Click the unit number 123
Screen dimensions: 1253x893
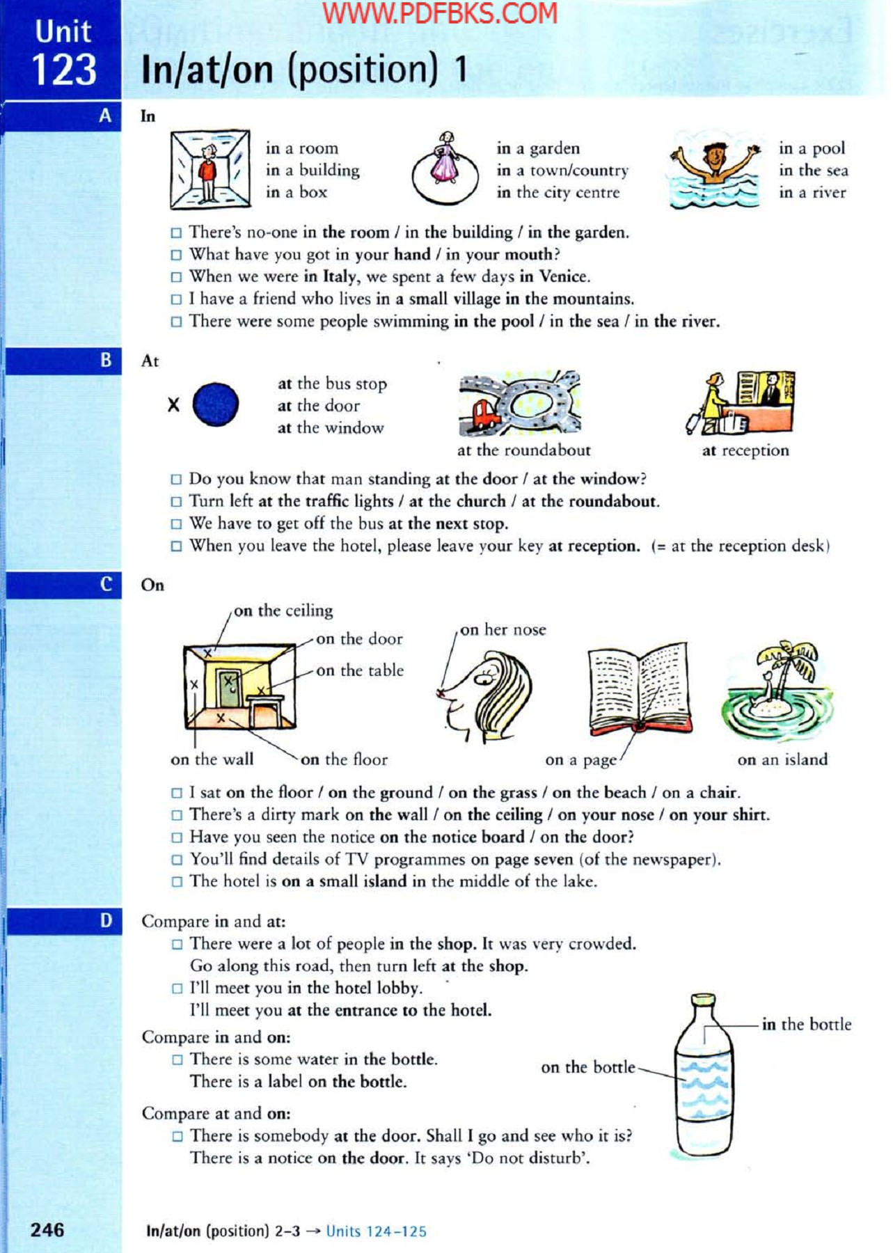(x=63, y=70)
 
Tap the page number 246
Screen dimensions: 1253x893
(x=47, y=1229)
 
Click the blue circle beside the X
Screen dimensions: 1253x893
(x=215, y=404)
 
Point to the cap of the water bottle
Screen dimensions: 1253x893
(x=703, y=1000)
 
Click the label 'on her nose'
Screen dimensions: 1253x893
(x=503, y=630)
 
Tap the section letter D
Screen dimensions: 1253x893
(x=106, y=921)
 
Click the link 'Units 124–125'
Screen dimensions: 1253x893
(x=376, y=1231)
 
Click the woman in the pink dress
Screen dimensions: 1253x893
(x=445, y=160)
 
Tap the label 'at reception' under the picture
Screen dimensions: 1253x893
(x=745, y=451)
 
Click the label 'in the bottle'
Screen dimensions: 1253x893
(x=806, y=1025)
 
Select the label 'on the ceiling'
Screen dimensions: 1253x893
(x=283, y=610)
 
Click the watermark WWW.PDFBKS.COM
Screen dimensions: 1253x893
(x=440, y=13)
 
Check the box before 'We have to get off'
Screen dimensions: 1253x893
(x=177, y=524)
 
